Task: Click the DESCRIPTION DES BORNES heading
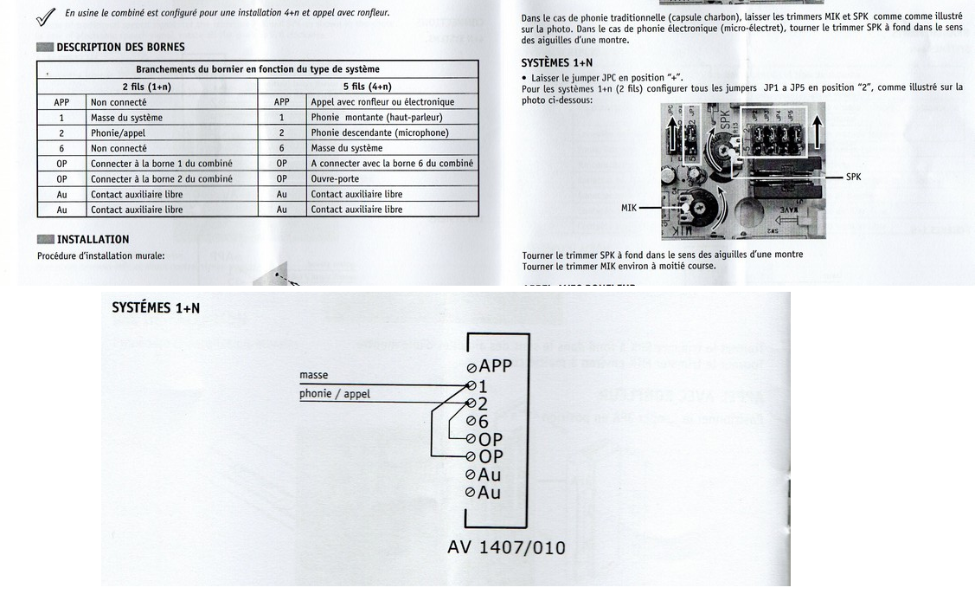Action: [x=120, y=47]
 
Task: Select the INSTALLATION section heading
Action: [x=93, y=239]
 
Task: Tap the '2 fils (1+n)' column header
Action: [x=146, y=87]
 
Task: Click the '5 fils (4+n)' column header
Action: [x=367, y=87]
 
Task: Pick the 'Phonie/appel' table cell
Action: [x=118, y=132]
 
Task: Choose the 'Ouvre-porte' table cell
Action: [x=337, y=178]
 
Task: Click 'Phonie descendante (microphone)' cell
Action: [x=379, y=132]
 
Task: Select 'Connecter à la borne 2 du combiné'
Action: [x=161, y=178]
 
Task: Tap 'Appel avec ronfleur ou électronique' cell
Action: [x=382, y=102]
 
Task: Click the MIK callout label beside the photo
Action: [x=629, y=208]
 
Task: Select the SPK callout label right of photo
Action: [x=853, y=178]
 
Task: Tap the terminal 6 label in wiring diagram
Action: [x=483, y=422]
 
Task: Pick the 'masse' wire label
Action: [x=313, y=375]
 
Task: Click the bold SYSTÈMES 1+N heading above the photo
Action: [x=557, y=63]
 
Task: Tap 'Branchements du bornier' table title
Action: [x=257, y=69]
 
